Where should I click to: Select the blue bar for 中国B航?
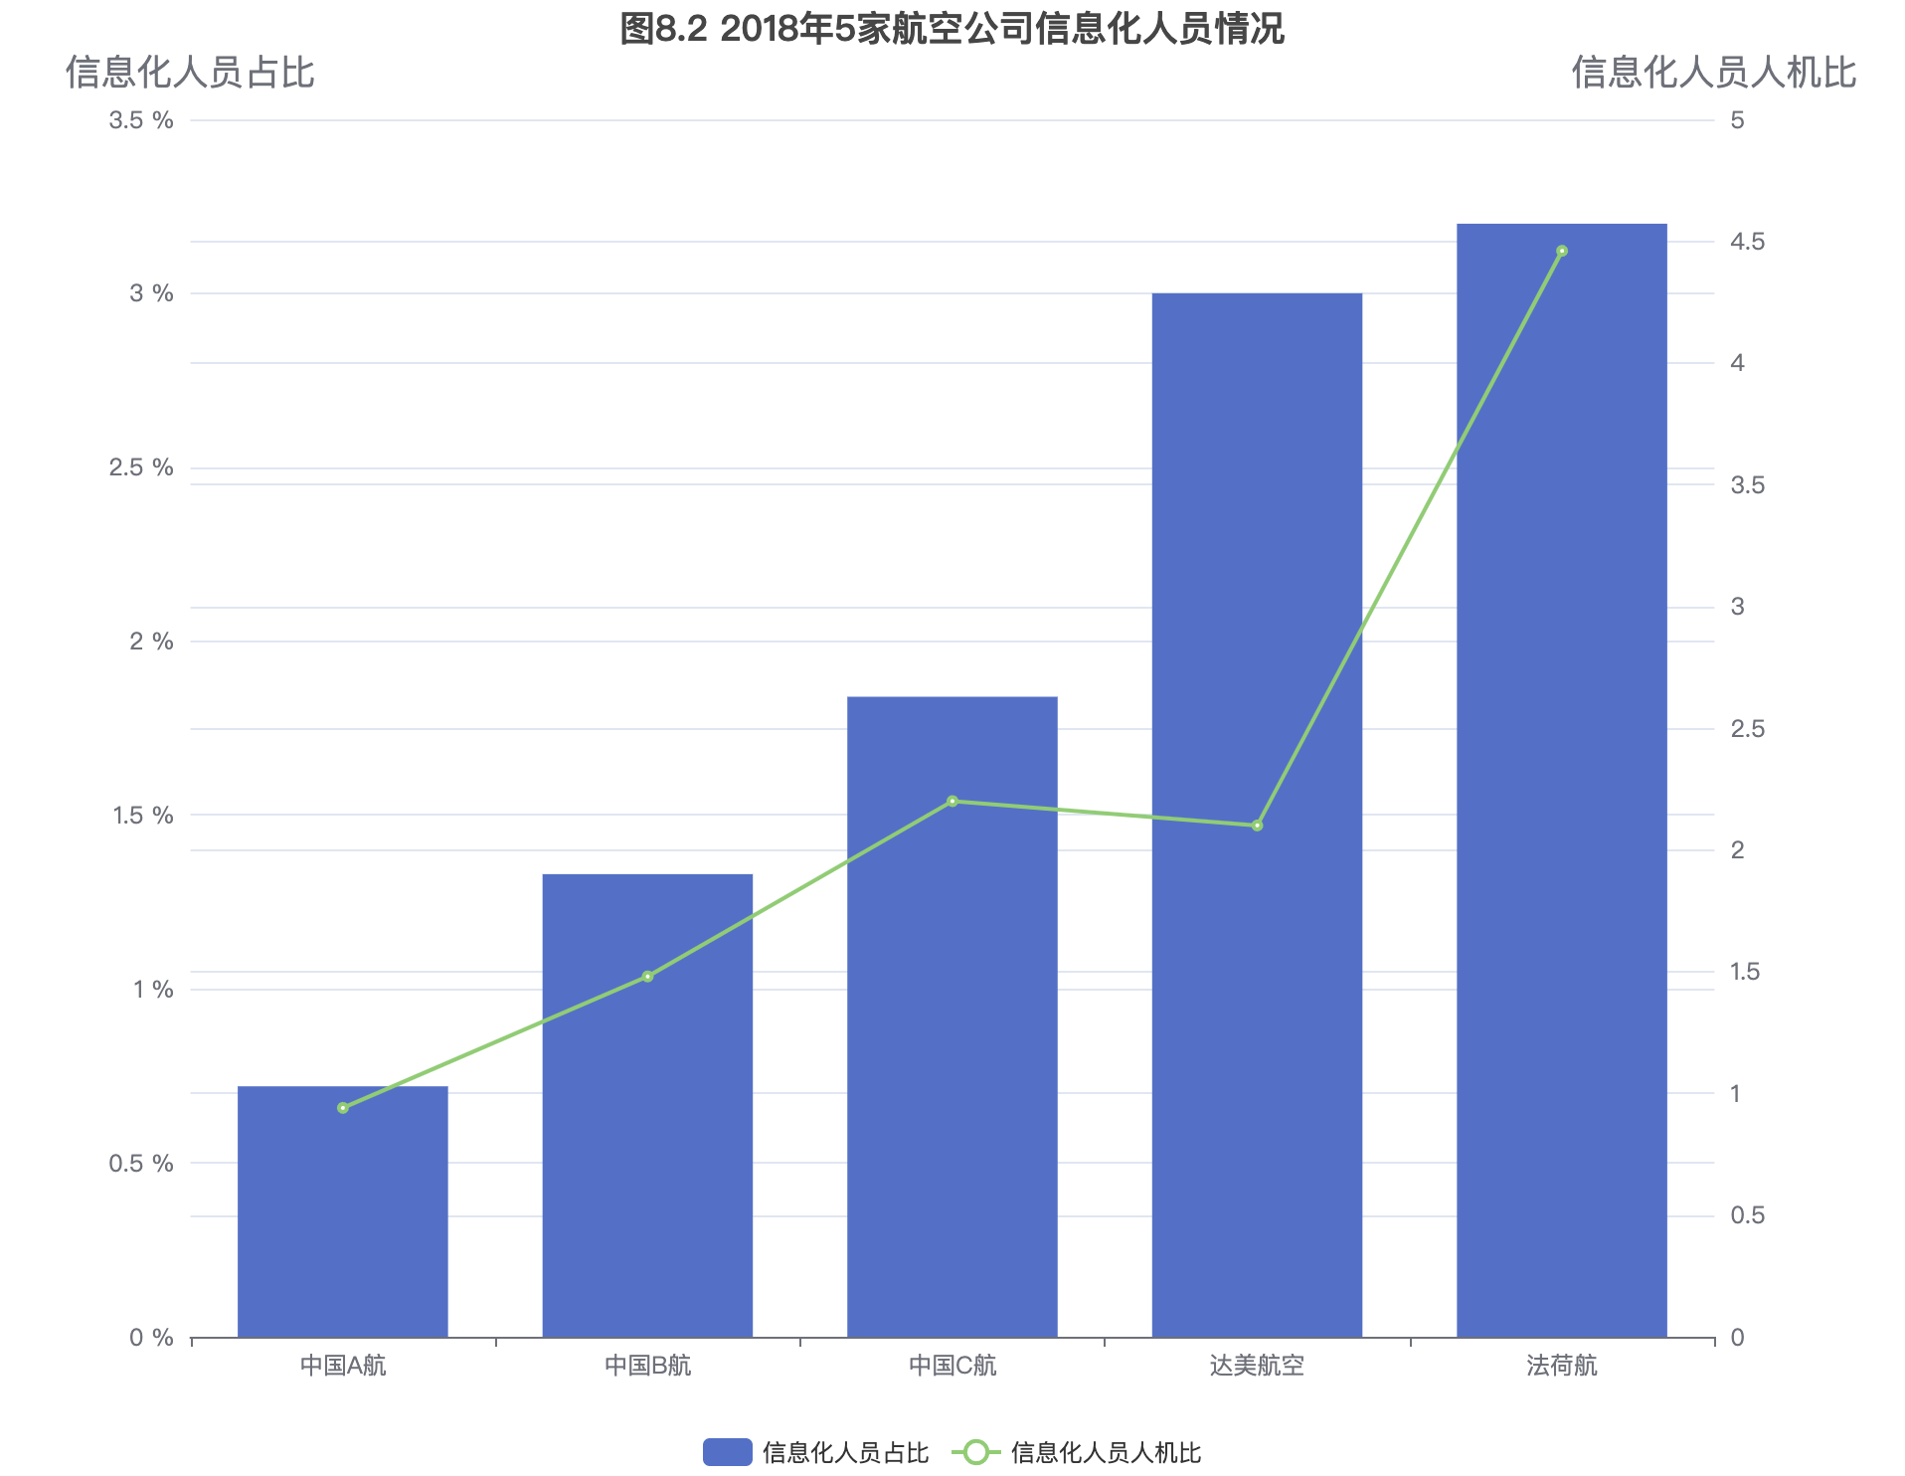tap(647, 1105)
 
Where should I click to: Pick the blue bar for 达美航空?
tap(1257, 815)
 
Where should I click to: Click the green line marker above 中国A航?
tap(343, 1108)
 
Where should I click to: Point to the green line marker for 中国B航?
tap(647, 977)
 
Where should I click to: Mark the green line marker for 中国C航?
tap(952, 801)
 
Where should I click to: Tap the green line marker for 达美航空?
tap(1257, 826)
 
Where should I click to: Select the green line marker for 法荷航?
tap(1562, 252)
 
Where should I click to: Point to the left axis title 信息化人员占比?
tap(190, 73)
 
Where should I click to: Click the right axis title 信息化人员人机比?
tap(1713, 73)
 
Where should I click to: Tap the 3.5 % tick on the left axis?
tap(141, 120)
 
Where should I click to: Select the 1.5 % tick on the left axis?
tap(142, 816)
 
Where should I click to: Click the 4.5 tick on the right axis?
tap(1747, 242)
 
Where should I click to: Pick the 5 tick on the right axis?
tap(1737, 120)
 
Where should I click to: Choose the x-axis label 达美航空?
tap(1257, 1366)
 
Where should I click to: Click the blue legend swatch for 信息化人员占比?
tap(727, 1452)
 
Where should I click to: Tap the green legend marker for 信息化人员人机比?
tap(976, 1452)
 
